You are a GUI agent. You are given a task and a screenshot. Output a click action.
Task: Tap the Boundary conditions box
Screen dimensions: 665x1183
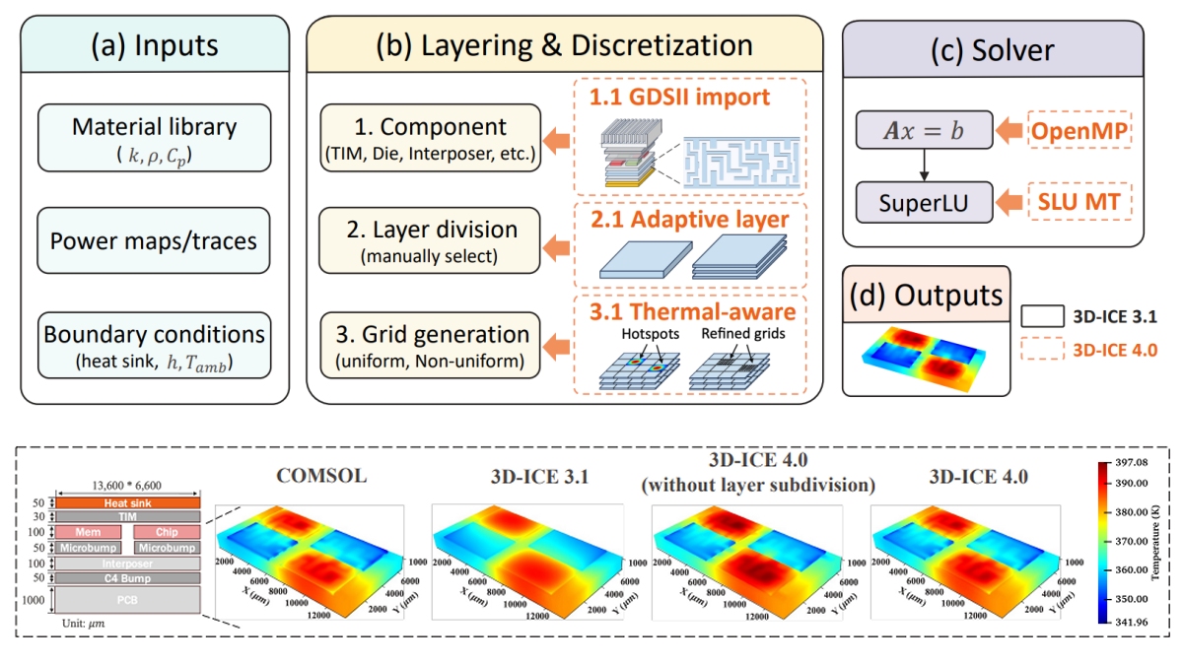(x=155, y=345)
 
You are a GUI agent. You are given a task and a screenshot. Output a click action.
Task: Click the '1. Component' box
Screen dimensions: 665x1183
(x=431, y=139)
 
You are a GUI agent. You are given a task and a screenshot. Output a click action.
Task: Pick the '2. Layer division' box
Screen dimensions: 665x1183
(x=431, y=240)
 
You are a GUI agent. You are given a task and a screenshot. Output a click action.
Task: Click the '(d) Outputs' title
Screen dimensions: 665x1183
(x=927, y=295)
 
